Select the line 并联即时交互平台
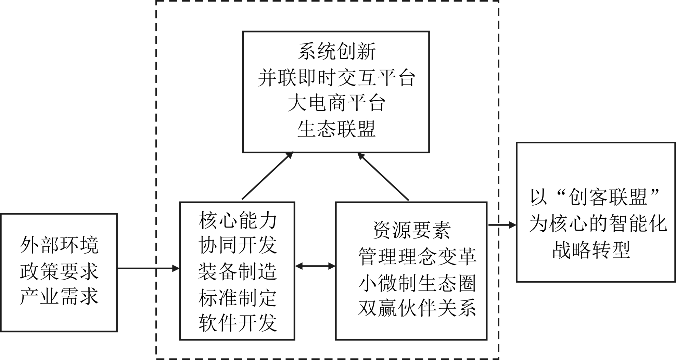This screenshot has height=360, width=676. click(x=336, y=78)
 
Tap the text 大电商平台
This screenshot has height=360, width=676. click(x=336, y=103)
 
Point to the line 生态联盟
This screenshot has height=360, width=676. click(x=336, y=129)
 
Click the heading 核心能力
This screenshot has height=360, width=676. click(x=238, y=220)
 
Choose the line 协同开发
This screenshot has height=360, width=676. click(x=238, y=245)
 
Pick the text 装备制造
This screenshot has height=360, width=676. click(x=238, y=272)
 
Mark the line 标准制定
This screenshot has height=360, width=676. click(x=238, y=297)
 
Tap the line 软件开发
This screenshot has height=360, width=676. click(x=238, y=323)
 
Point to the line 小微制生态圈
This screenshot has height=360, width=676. click(x=417, y=283)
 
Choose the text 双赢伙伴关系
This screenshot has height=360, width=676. click(x=417, y=308)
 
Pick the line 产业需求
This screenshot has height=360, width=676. click(x=59, y=296)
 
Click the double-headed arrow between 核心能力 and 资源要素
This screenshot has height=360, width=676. click(x=315, y=266)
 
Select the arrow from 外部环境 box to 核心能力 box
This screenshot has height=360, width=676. click(x=148, y=268)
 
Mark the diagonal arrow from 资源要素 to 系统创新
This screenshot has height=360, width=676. click(x=383, y=177)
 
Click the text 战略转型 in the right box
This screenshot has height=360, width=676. click(x=591, y=250)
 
